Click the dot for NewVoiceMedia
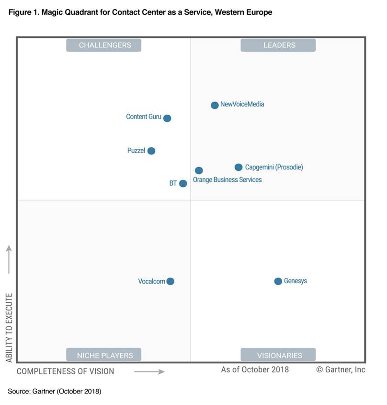(215, 105)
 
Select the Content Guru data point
(167, 118)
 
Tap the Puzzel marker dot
(151, 151)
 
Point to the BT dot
(183, 183)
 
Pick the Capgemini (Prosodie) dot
(239, 167)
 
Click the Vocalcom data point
(171, 281)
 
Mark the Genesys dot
(278, 281)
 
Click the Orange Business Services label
(227, 179)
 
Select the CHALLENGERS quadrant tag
(104, 45)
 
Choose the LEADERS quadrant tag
(279, 45)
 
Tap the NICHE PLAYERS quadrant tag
(104, 355)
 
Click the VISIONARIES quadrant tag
(279, 355)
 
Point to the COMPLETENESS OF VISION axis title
(66, 371)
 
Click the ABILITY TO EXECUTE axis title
(9, 328)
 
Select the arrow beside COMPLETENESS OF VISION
(149, 371)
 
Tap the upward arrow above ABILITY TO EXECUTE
(9, 259)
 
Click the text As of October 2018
(255, 369)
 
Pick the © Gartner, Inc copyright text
(341, 369)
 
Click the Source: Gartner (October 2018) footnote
(54, 392)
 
